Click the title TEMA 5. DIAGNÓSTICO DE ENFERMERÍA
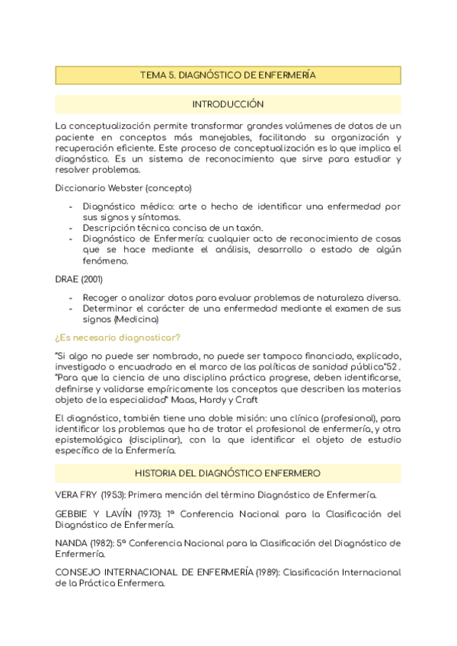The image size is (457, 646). (228, 75)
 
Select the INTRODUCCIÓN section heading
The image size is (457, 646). (228, 104)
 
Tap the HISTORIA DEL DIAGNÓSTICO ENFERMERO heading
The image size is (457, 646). (228, 473)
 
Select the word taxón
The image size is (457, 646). (249, 228)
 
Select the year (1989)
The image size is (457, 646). (266, 572)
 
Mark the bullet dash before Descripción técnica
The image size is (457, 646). (71, 228)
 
